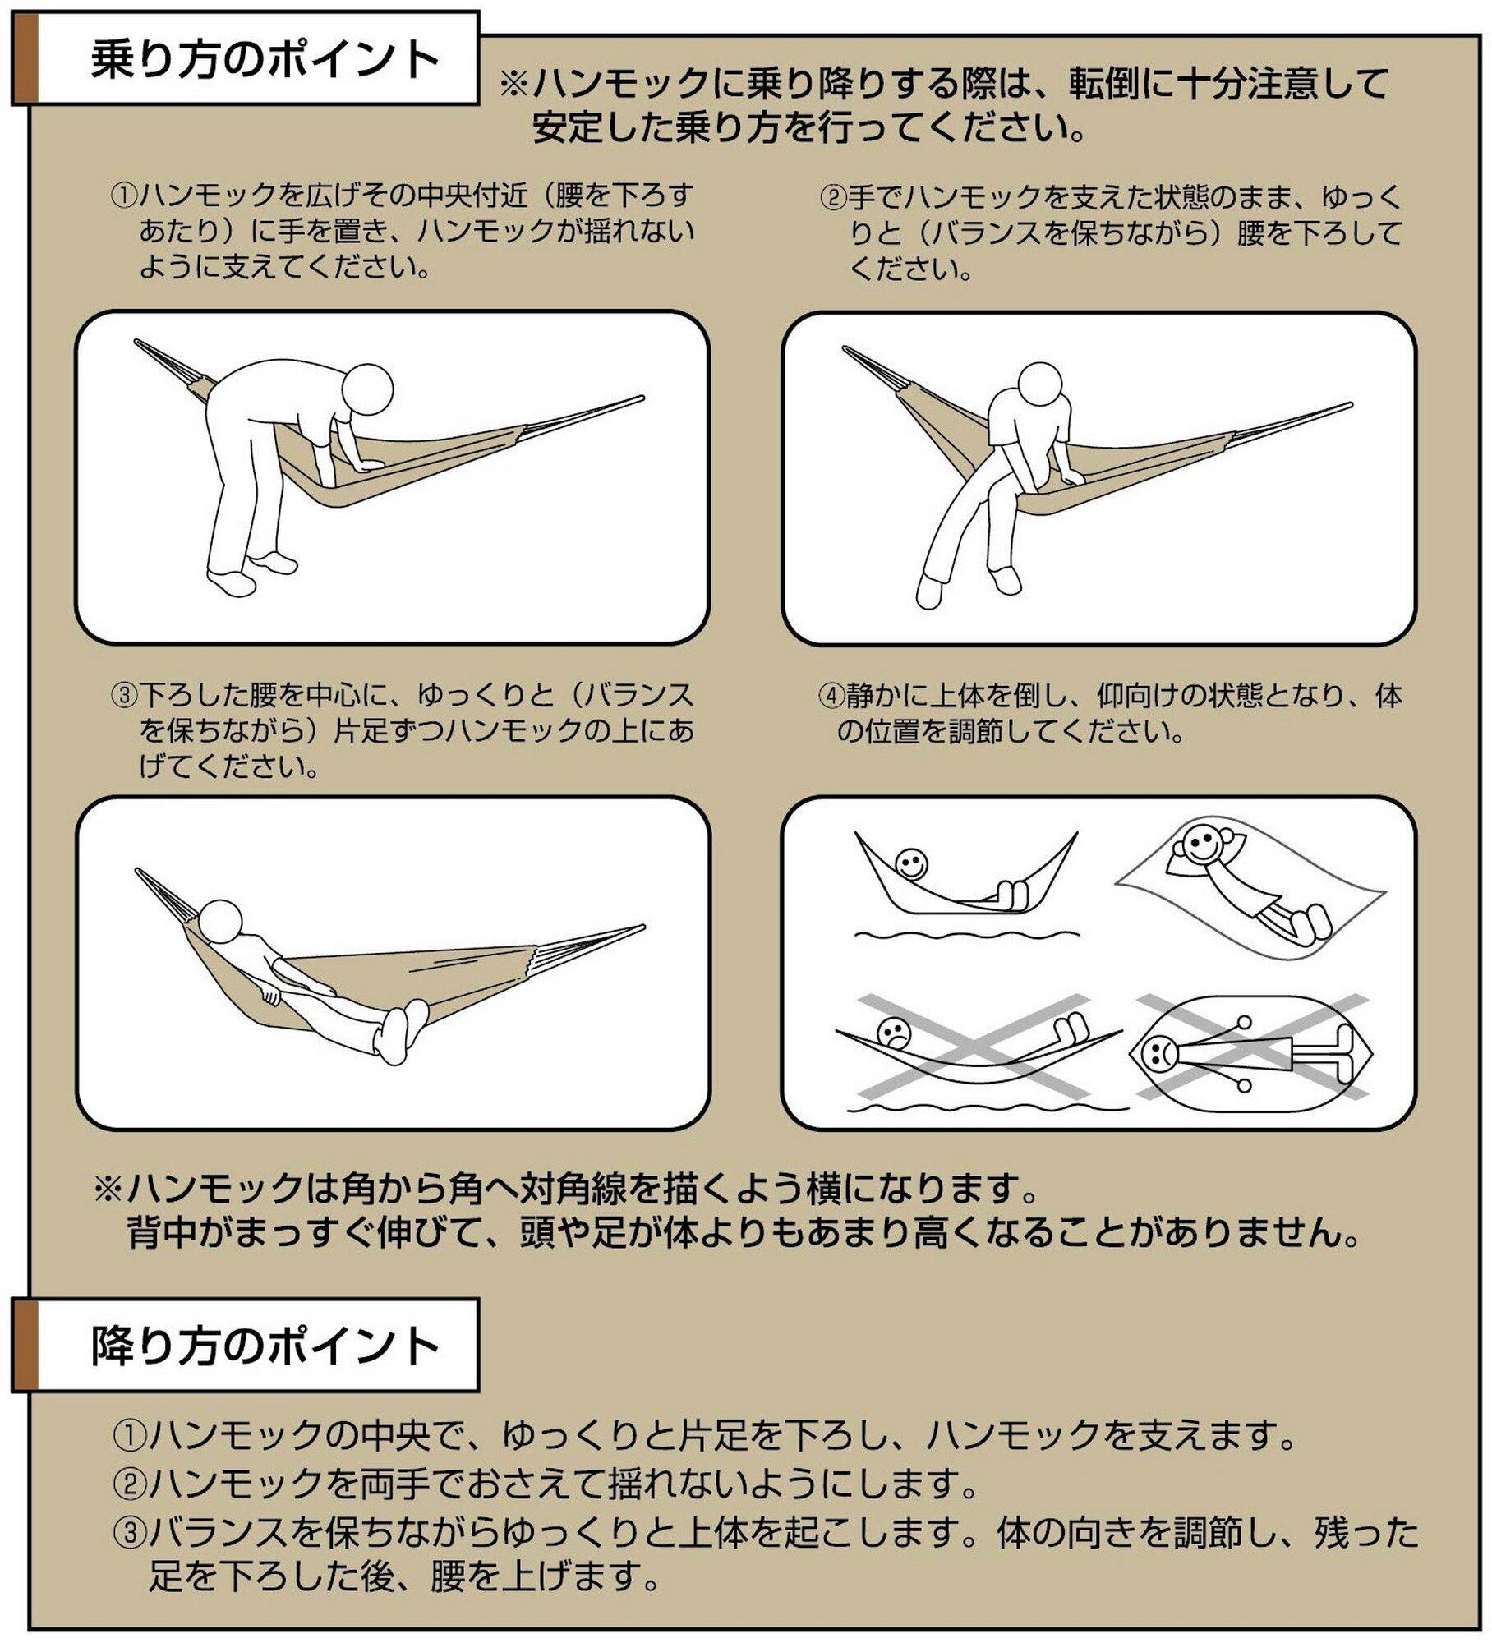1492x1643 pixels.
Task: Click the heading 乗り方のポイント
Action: [265, 61]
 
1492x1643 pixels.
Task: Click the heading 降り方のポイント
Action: [265, 1346]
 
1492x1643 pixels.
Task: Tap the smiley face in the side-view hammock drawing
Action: [910, 864]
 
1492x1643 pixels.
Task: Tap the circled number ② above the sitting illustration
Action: [833, 197]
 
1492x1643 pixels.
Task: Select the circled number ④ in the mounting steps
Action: [831, 697]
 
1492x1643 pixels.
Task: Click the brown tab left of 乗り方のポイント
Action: [25, 58]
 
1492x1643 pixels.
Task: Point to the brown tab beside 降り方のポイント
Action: [25, 1345]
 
